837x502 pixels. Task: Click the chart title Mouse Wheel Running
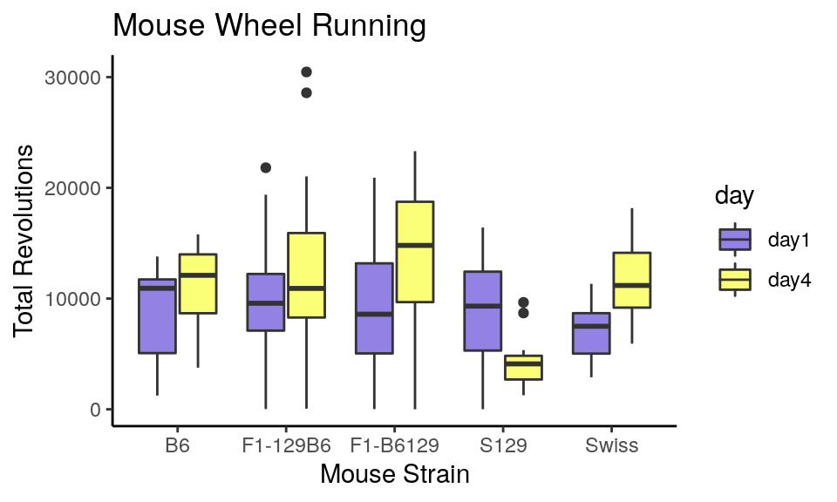tap(269, 26)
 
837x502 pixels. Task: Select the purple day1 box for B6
tap(157, 315)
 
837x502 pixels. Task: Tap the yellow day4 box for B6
tap(198, 283)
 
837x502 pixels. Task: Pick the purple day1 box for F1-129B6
tap(265, 302)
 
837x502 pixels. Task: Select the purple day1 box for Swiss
tap(591, 333)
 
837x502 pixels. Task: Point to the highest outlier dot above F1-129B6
tap(306, 71)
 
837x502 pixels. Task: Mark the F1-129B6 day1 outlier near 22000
tap(266, 167)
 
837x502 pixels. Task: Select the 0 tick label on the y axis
tap(95, 410)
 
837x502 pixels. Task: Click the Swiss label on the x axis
tap(612, 446)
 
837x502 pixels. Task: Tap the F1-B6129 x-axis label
tap(394, 446)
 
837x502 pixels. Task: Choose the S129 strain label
tap(503, 446)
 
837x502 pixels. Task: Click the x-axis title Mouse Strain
tap(394, 475)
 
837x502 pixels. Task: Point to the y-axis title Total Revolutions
tap(24, 241)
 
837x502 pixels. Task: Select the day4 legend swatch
tap(735, 280)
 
